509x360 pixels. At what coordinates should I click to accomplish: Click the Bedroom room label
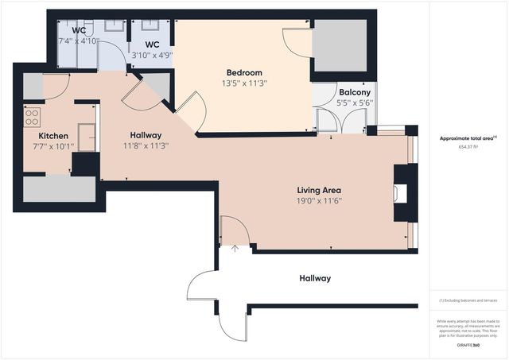coord(243,72)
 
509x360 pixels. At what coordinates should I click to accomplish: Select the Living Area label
coord(319,191)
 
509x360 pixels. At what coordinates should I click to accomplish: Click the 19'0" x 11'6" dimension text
coord(319,202)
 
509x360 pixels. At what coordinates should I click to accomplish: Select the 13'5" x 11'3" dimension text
coord(243,83)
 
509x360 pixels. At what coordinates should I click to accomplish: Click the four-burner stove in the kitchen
coord(33,118)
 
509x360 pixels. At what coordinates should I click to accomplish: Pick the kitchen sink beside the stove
coord(87,136)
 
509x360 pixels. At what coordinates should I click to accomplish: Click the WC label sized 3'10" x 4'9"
coord(153,45)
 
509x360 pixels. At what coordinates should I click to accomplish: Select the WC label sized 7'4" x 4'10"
coord(79,30)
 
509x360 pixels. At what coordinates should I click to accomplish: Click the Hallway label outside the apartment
coord(315,278)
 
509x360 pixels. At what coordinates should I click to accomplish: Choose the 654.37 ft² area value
coord(469,147)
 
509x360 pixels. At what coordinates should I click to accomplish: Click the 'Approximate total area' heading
coord(468,137)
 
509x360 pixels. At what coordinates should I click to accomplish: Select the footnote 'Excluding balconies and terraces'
coord(469,301)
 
